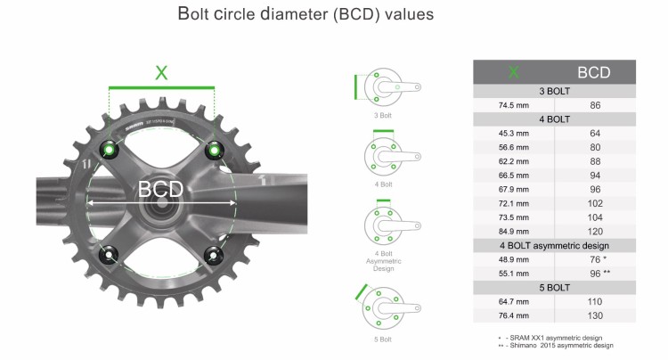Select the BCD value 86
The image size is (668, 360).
click(x=594, y=105)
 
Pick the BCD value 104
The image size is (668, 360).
click(x=594, y=216)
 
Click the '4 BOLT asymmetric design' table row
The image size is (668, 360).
click(x=554, y=244)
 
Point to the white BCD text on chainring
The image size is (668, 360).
click(x=161, y=190)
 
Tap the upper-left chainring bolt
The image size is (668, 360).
click(x=110, y=149)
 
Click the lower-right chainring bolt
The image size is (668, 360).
click(x=213, y=256)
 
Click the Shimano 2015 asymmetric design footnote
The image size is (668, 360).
click(x=558, y=345)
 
